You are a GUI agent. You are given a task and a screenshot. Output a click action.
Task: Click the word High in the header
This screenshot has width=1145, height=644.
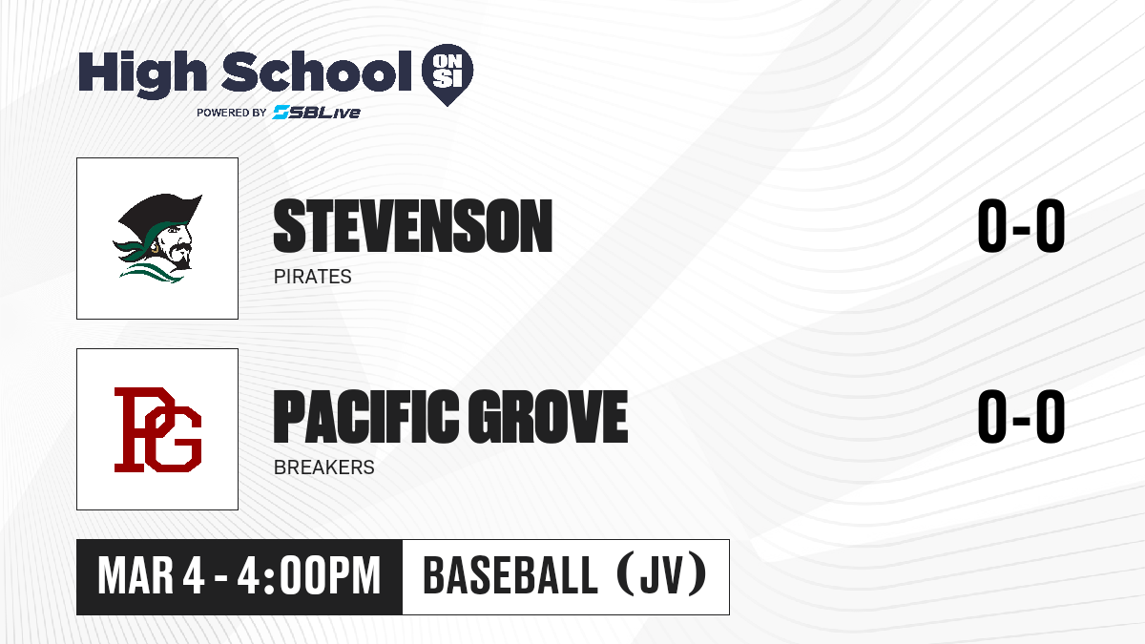(142, 73)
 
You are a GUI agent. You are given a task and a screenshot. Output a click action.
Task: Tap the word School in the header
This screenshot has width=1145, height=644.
(317, 72)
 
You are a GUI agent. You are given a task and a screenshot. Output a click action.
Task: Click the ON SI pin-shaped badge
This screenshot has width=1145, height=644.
(448, 74)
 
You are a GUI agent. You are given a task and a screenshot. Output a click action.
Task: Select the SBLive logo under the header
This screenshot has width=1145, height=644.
(316, 113)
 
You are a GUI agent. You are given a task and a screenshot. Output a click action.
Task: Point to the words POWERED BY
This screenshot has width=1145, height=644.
(232, 113)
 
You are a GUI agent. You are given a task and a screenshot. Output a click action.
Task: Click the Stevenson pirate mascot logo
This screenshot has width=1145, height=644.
(157, 239)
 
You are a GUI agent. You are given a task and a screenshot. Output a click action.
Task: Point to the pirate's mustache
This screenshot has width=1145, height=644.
(181, 248)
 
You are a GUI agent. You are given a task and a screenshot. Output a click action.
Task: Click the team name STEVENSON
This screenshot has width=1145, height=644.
(413, 226)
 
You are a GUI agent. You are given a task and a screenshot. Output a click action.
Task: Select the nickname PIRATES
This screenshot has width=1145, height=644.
(312, 277)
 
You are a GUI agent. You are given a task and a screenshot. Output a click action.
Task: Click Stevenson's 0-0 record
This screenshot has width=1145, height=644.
(1021, 226)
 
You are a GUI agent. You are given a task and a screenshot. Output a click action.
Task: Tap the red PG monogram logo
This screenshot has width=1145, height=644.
(157, 429)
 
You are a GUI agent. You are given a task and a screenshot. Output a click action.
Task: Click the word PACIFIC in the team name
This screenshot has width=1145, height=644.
(365, 416)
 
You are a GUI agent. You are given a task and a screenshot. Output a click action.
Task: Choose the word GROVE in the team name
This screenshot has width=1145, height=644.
(548, 416)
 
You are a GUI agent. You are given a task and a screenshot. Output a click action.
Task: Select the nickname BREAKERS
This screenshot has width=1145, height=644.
(324, 467)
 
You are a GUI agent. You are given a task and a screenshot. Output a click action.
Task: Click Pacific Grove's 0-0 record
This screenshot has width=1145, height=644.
(1021, 417)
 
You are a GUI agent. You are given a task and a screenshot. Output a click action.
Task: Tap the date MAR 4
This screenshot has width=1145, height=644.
(151, 576)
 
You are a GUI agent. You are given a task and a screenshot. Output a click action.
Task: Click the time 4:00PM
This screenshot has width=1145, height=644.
(309, 576)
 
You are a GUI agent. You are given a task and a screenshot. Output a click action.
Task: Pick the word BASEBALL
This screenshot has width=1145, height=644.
(510, 575)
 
